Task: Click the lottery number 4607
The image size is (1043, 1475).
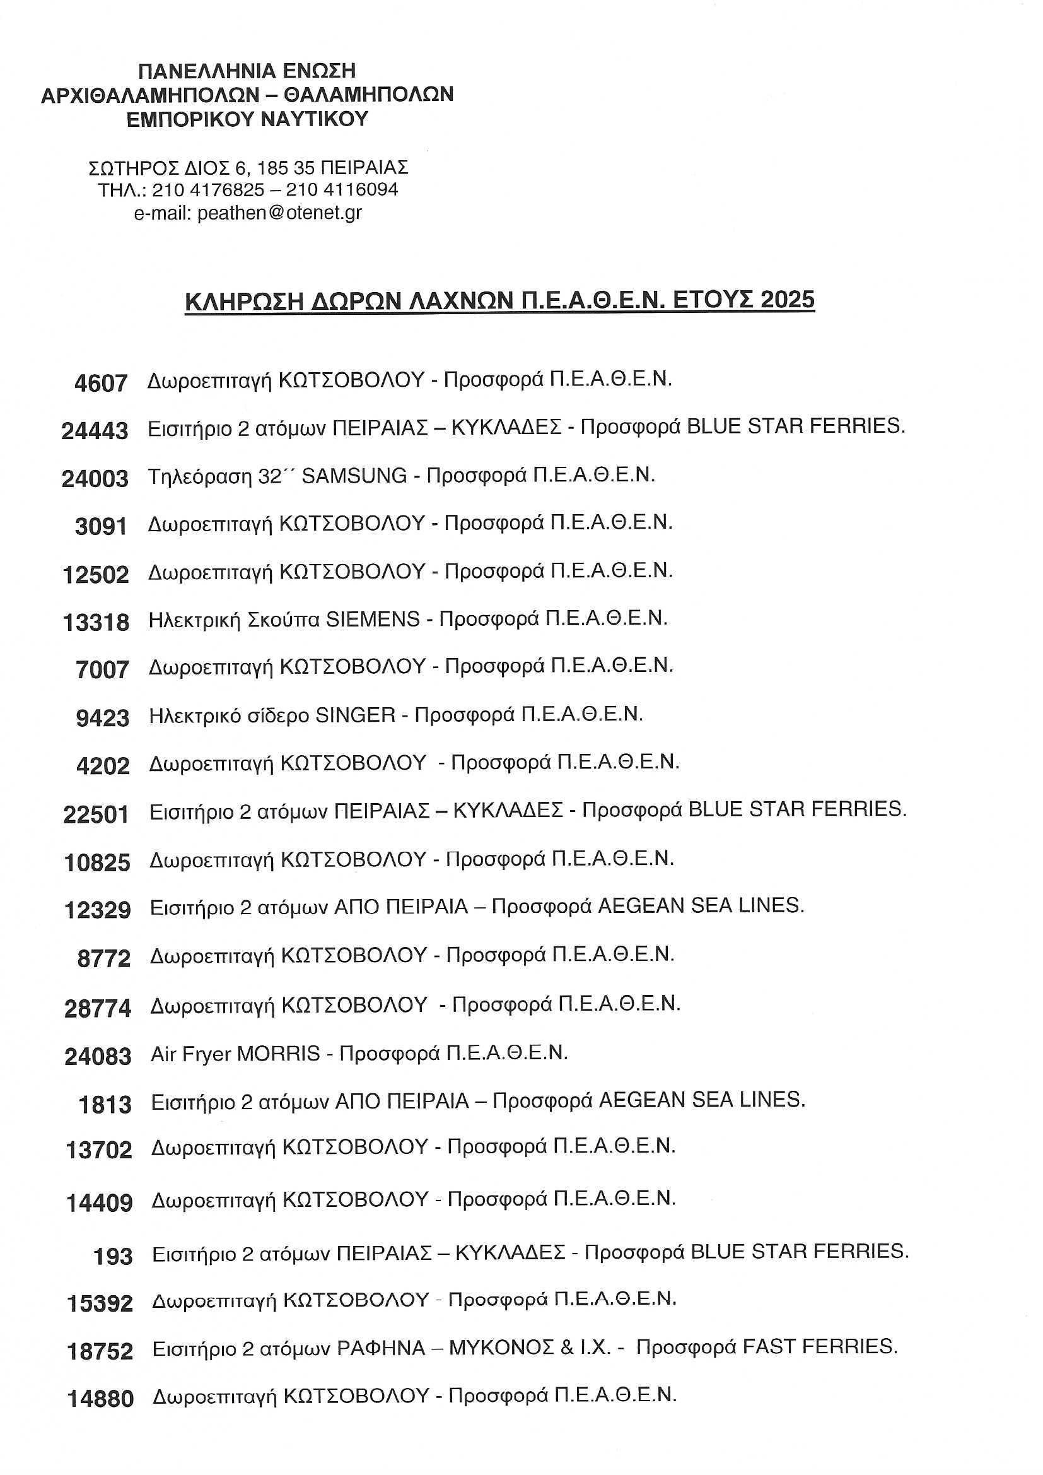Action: (x=101, y=384)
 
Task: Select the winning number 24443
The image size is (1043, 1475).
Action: (x=95, y=431)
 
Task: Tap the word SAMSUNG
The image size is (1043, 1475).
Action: (x=354, y=476)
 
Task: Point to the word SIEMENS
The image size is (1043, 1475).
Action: (x=373, y=619)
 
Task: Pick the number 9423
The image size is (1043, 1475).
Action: (x=102, y=717)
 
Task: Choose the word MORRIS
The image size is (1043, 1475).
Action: (x=278, y=1054)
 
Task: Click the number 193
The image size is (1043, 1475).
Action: (x=113, y=1256)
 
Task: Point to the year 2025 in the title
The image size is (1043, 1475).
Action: (x=787, y=300)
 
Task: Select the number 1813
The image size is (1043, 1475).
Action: (x=105, y=1105)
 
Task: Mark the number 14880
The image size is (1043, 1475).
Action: (x=100, y=1399)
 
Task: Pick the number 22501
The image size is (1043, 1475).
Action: (x=96, y=814)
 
